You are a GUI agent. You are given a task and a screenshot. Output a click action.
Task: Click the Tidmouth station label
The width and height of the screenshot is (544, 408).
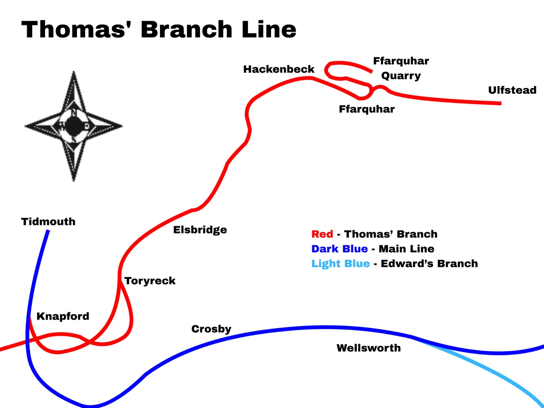coord(48,222)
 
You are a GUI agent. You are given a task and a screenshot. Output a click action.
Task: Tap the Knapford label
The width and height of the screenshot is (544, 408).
coord(63,316)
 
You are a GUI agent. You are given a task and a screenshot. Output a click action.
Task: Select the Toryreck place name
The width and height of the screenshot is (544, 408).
coord(150,281)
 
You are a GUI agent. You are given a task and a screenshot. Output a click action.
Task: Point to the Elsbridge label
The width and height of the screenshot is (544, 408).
coord(200,230)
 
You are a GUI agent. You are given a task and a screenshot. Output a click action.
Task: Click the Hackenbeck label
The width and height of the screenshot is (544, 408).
coord(279,69)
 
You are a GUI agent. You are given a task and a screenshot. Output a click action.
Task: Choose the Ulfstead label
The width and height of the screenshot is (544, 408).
coord(512,90)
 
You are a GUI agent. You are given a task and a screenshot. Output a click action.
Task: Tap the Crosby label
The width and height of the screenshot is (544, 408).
coord(211,329)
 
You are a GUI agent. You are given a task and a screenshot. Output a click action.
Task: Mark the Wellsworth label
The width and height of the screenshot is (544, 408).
coord(369,348)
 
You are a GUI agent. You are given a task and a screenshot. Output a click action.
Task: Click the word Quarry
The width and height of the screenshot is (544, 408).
coord(401,76)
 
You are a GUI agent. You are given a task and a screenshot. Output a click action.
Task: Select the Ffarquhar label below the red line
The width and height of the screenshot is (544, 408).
coord(367,109)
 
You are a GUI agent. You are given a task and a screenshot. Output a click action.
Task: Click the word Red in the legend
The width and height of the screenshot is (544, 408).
coord(322,234)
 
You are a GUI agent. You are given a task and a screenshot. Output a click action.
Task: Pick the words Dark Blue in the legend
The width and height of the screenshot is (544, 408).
coord(340,249)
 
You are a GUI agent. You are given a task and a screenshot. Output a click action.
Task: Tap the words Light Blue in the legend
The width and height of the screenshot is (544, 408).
coord(340,264)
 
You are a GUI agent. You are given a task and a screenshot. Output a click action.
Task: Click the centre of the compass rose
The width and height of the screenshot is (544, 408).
coord(73,125)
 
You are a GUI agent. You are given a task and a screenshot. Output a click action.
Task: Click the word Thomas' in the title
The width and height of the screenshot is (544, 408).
coord(76,29)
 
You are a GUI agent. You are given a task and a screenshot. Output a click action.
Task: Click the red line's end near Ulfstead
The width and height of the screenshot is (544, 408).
coord(500,103)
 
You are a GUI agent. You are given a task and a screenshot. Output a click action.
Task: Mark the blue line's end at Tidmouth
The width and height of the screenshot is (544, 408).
coord(48,231)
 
